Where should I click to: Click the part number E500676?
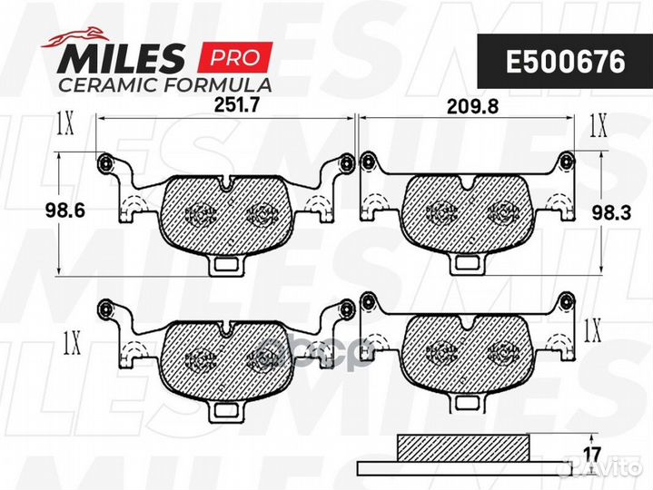coord(565,62)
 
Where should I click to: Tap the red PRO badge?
coord(236,57)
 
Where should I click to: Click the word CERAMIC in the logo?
coord(108,85)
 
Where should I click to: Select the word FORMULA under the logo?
coord(218,85)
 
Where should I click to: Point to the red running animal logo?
coord(75,37)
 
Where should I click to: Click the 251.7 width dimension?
coord(236,105)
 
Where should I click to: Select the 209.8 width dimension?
coord(472,107)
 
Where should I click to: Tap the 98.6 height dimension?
coord(64,211)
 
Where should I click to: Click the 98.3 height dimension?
coord(611,213)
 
